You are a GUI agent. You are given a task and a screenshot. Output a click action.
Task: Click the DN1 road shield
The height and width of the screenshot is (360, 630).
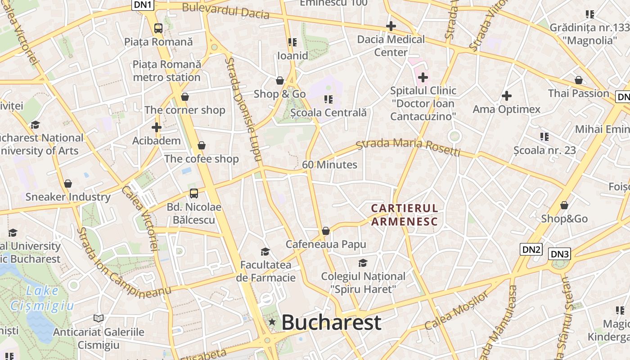click(x=144, y=5)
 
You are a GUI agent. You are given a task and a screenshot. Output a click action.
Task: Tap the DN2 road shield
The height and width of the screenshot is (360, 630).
click(x=531, y=249)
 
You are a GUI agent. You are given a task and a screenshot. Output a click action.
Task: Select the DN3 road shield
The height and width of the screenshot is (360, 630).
click(x=560, y=254)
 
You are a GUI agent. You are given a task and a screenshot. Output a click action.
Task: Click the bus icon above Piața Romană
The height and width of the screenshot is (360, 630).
click(x=158, y=28)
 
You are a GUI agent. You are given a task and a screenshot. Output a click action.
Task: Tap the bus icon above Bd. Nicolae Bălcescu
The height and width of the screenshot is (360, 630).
click(x=193, y=193)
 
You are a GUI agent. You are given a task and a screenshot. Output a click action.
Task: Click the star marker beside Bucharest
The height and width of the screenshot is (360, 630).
click(x=272, y=322)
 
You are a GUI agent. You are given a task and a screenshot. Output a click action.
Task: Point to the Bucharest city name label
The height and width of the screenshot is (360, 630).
click(x=331, y=323)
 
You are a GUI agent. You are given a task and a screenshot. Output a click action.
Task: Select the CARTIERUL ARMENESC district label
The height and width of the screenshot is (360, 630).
click(x=404, y=215)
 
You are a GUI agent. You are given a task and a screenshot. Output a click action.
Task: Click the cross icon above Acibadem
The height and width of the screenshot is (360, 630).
click(x=156, y=127)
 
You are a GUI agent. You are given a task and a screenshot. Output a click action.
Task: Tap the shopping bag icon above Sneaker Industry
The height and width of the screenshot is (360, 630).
click(x=68, y=184)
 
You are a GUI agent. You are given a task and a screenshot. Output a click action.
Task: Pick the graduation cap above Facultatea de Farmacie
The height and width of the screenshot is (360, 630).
click(x=265, y=251)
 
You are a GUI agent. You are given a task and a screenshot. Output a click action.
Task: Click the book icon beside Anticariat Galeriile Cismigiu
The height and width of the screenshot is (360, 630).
click(x=99, y=318)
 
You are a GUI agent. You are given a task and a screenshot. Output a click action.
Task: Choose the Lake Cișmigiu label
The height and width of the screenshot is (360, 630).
click(x=42, y=298)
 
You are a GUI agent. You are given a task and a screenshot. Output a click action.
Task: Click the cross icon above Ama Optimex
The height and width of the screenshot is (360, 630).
click(x=507, y=95)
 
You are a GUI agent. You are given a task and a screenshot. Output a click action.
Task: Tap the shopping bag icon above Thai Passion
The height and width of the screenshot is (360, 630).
click(x=579, y=80)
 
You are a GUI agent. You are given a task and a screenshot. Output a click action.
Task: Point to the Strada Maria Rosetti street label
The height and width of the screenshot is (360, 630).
click(x=408, y=147)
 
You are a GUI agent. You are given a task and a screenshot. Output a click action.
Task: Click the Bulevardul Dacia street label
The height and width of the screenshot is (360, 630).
click(x=225, y=11)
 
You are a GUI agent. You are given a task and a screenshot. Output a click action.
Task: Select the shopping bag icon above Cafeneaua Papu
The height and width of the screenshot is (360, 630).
click(x=326, y=231)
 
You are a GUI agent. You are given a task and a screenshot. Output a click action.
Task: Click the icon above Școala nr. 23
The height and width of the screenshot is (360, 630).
click(x=544, y=136)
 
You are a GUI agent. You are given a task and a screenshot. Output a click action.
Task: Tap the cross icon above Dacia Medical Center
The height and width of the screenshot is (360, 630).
click(x=391, y=26)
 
